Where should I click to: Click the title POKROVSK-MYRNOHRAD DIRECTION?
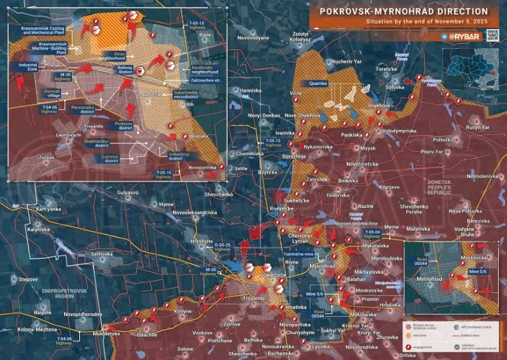pos(404,12)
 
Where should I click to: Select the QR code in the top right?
pos(492,35)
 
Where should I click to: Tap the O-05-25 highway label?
pos(223,247)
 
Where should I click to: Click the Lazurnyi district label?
pos(113,158)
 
